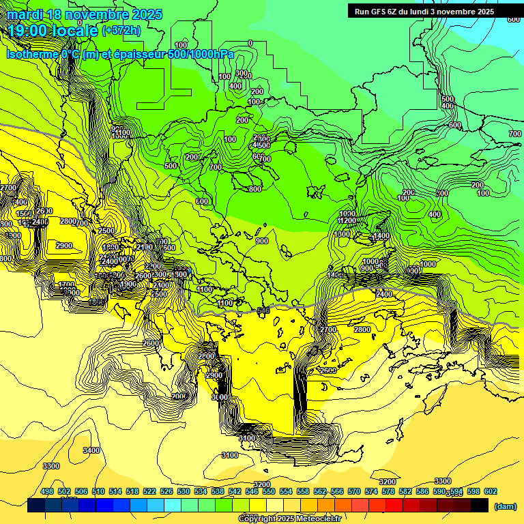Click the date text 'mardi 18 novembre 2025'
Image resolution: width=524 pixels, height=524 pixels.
85,14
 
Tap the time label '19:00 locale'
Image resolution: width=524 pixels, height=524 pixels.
53,31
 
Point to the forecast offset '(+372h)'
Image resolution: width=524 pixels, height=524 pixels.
121,31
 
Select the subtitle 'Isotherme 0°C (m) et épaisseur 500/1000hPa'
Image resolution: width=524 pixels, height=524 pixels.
120,54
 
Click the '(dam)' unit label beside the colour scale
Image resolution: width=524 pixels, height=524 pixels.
504,506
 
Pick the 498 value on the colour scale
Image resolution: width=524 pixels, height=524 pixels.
47,492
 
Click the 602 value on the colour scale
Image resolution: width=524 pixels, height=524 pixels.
491,492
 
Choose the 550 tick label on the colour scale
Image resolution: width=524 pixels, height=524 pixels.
269,492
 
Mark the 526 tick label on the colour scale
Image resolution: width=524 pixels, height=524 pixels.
166,492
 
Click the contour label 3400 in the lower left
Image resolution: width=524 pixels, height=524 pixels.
91,450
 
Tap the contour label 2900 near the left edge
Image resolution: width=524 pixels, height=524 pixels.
64,246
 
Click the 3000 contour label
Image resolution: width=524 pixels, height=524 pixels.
219,397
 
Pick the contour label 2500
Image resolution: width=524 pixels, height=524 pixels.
106,231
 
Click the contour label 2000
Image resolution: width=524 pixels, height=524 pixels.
179,396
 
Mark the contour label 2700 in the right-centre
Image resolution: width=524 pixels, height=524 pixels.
328,330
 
